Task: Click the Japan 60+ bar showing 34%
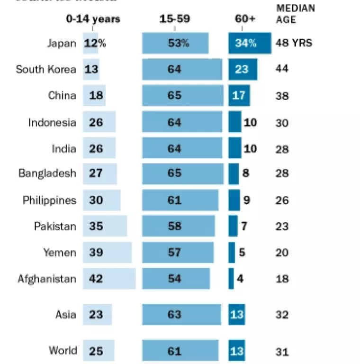pyautogui.click(x=250, y=43)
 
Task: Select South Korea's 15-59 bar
pyautogui.click(x=182, y=69)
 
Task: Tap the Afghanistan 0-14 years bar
pyautogui.click(x=109, y=278)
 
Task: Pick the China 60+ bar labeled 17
pyautogui.click(x=239, y=96)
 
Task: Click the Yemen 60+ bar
pyautogui.click(x=232, y=252)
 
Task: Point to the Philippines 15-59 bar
pyautogui.click(x=180, y=200)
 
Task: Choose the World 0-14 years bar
pyautogui.click(x=99, y=351)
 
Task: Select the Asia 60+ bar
pyautogui.click(x=237, y=315)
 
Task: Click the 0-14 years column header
pyautogui.click(x=93, y=19)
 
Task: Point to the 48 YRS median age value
pyautogui.click(x=294, y=43)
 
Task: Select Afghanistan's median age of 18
pyautogui.click(x=282, y=278)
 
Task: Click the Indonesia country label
pyautogui.click(x=52, y=122)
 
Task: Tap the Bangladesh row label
pyautogui.click(x=47, y=173)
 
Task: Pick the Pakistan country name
pyautogui.click(x=55, y=226)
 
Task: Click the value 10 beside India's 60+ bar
pyautogui.click(x=250, y=149)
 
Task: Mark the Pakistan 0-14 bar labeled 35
pyautogui.click(x=105, y=226)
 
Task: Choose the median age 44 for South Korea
pyautogui.click(x=282, y=69)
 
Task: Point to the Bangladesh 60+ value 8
pyautogui.click(x=245, y=173)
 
